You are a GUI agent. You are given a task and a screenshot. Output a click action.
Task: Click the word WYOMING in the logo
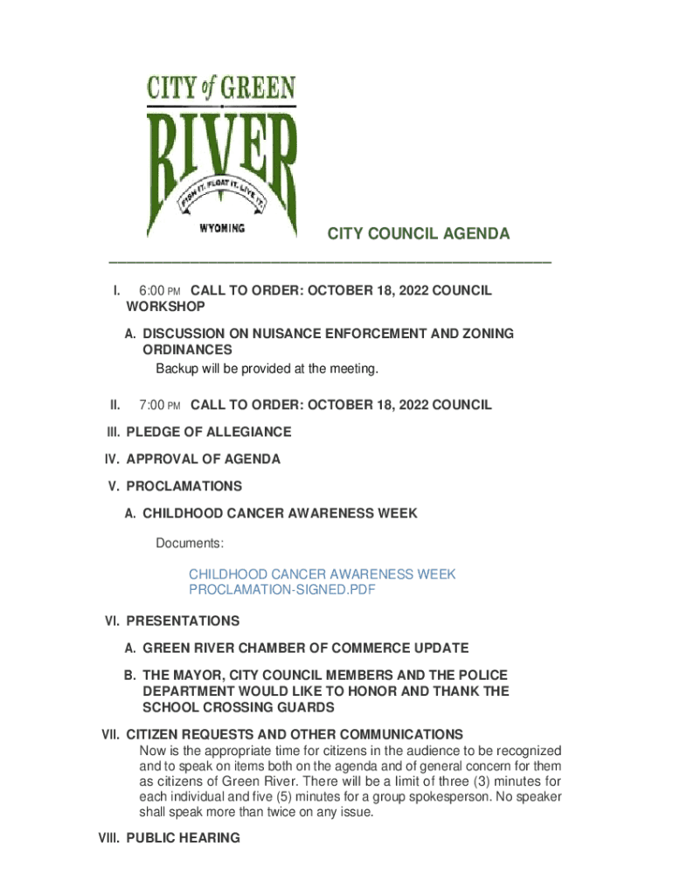(222, 228)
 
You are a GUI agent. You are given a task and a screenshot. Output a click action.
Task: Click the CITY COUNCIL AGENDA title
(418, 234)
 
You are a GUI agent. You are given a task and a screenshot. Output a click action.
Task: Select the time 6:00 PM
(159, 291)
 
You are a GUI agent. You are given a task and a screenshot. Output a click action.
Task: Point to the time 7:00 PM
(159, 406)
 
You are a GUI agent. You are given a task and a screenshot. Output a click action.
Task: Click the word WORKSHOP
(166, 307)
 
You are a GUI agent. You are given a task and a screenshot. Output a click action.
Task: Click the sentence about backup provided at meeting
(267, 369)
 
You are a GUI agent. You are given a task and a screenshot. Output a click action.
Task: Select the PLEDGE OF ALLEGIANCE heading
(209, 433)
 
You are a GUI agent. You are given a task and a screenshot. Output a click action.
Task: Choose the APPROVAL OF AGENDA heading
(204, 460)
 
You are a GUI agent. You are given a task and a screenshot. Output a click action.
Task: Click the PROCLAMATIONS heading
(184, 487)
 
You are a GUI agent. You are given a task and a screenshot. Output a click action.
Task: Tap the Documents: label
(190, 544)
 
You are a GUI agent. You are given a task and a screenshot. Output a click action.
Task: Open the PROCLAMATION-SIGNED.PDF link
(282, 590)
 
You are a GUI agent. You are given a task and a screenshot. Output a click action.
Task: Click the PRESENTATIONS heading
(183, 621)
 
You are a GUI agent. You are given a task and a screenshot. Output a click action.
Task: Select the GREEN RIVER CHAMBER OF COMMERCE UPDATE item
(306, 649)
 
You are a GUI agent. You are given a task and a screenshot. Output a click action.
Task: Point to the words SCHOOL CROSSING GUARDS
(238, 707)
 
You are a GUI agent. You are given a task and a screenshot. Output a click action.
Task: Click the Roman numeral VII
(111, 735)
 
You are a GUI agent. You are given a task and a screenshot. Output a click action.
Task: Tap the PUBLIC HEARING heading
(183, 839)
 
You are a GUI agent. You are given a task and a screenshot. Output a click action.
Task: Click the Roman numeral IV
(113, 460)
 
